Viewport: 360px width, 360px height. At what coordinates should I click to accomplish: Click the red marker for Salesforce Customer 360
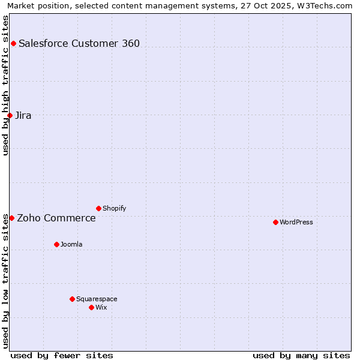click(13, 43)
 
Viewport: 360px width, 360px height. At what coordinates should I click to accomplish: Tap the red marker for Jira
click(10, 115)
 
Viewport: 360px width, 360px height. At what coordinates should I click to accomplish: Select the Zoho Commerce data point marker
click(11, 218)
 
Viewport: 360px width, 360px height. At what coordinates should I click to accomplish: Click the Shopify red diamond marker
click(98, 208)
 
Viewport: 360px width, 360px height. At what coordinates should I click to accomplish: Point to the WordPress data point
click(275, 222)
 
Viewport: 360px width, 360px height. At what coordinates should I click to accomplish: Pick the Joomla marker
click(56, 244)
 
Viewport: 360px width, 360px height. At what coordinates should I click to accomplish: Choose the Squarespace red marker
click(72, 299)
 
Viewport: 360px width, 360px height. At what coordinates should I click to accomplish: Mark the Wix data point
click(91, 307)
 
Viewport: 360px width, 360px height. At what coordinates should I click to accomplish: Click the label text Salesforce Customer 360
click(79, 43)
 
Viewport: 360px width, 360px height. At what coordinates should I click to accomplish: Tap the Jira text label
click(23, 115)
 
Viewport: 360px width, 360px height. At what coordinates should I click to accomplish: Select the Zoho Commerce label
click(56, 218)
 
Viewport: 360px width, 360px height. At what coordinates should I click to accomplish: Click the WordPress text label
click(296, 222)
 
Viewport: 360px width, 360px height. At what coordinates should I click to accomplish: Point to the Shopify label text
click(114, 208)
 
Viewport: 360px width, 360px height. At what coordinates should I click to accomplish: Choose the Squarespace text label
click(97, 299)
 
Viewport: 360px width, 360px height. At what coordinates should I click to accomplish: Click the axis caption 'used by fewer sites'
click(62, 355)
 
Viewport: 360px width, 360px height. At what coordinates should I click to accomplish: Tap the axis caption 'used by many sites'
click(301, 355)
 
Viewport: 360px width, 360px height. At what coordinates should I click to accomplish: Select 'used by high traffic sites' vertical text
click(5, 85)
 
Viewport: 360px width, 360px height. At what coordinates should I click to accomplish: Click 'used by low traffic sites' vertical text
click(5, 281)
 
